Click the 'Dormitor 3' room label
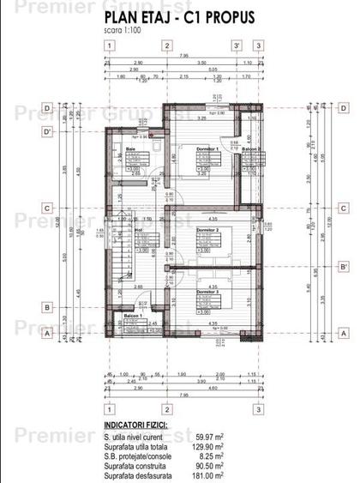[x=207, y=293]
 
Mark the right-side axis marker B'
[x=342, y=267]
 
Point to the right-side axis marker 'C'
[x=342, y=208]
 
